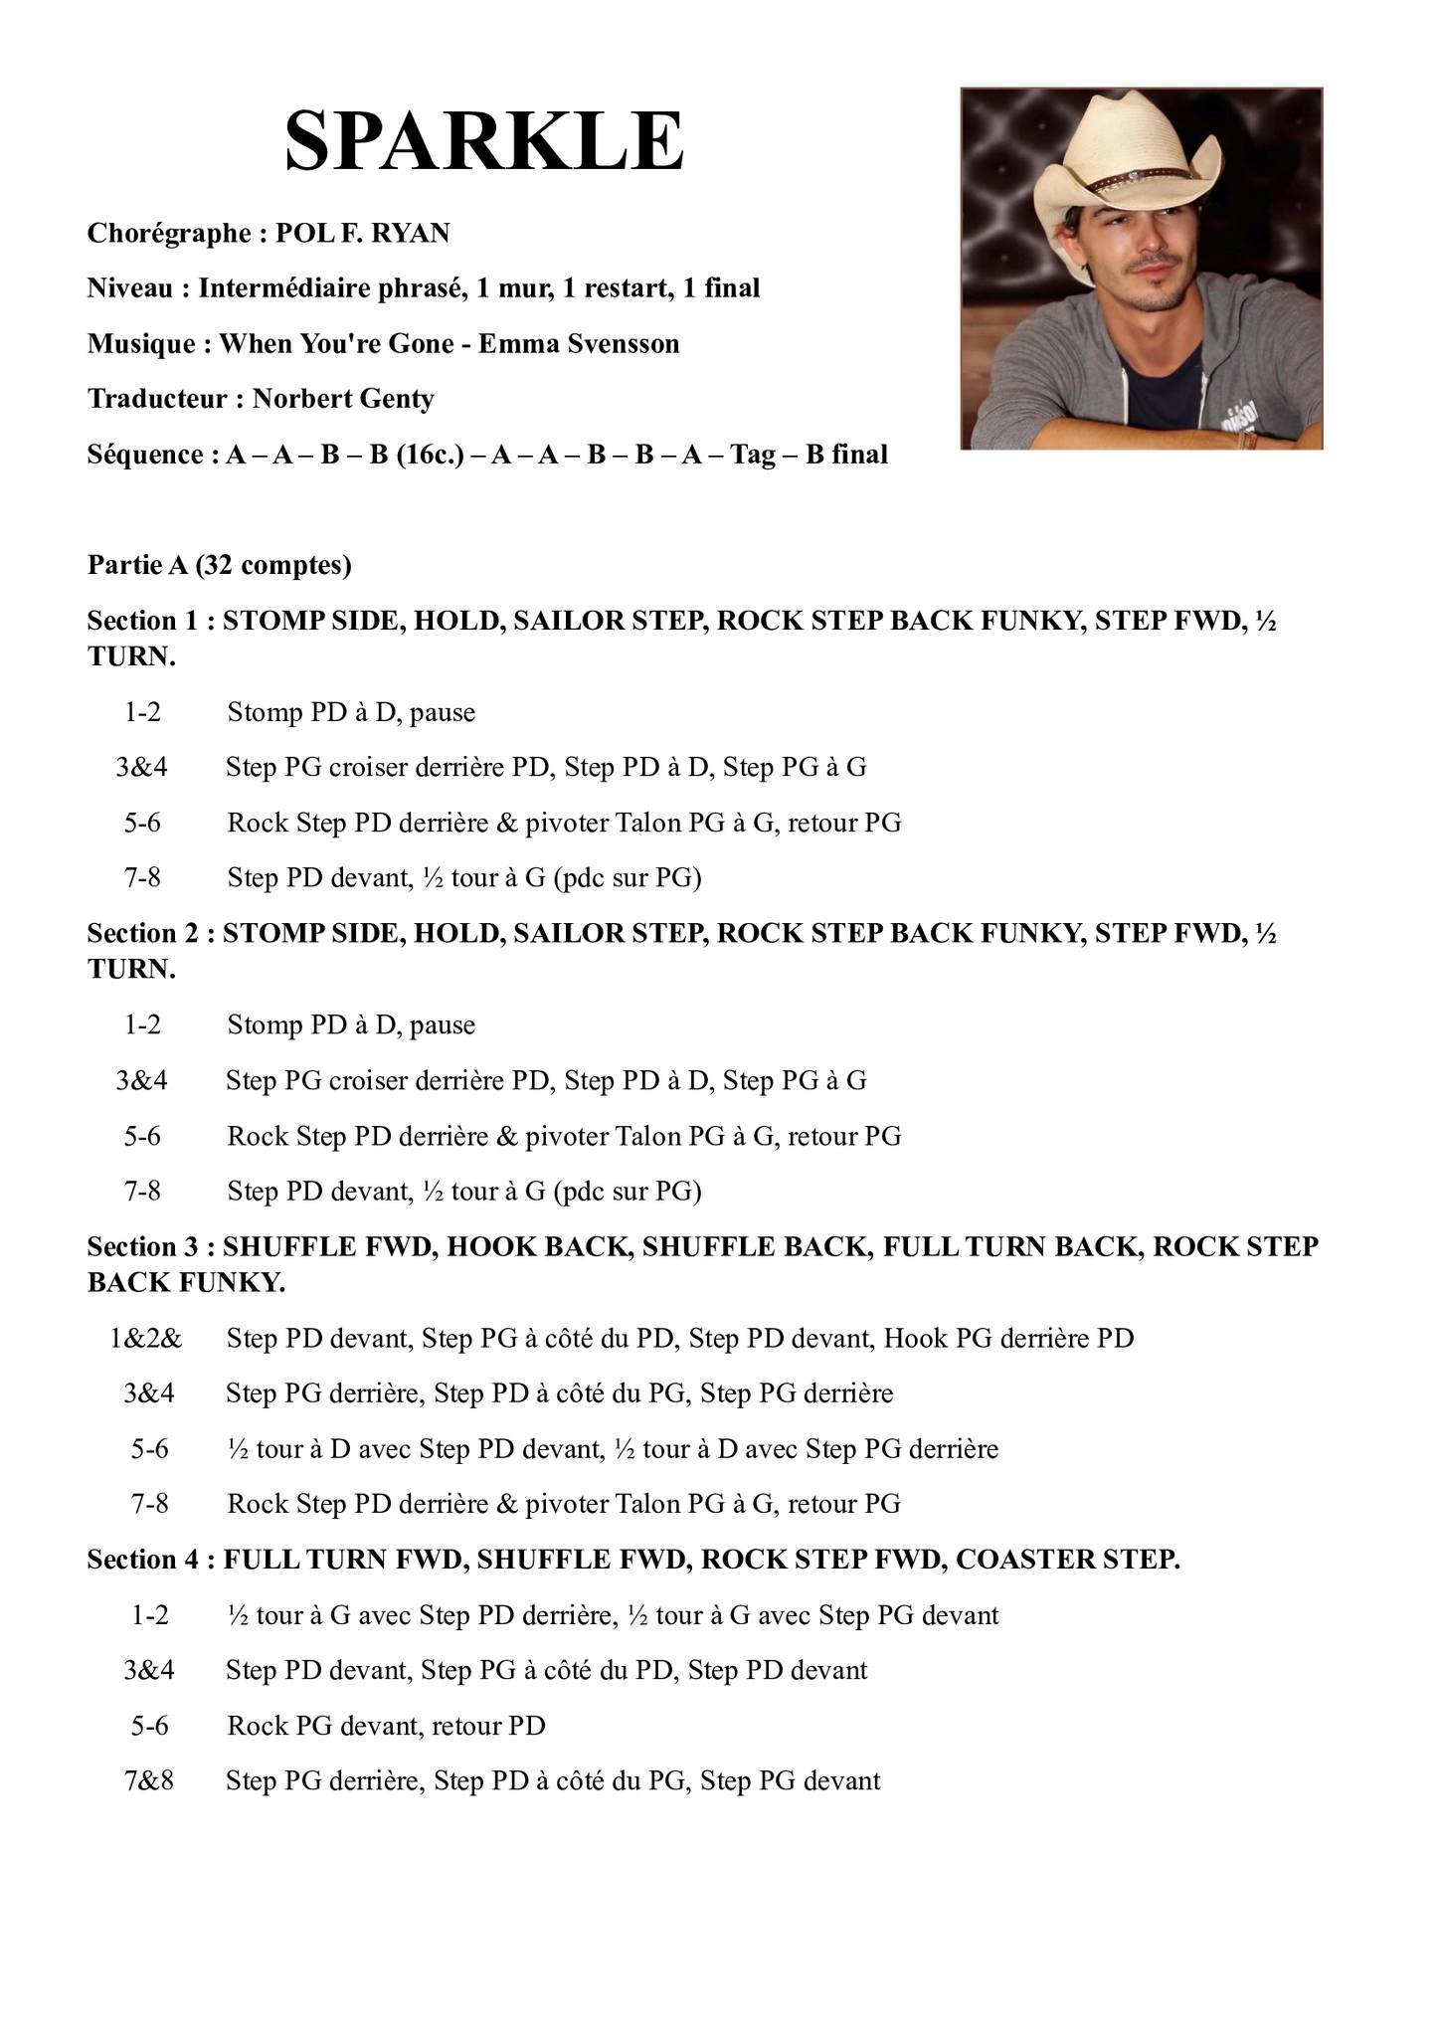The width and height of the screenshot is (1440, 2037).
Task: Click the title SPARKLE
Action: pyautogui.click(x=484, y=142)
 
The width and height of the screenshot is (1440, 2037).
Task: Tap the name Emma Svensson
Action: pyautogui.click(x=579, y=344)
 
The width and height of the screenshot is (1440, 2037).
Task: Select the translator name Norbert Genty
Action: pyautogui.click(x=343, y=400)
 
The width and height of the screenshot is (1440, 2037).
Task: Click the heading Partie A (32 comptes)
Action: pyautogui.click(x=219, y=566)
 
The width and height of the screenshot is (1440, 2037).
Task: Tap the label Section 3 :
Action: pyautogui.click(x=151, y=1247)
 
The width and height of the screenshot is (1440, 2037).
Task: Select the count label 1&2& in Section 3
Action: pyautogui.click(x=146, y=1339)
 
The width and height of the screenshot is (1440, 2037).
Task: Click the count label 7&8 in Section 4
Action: pyautogui.click(x=149, y=1780)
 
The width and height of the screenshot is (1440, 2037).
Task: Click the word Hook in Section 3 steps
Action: pyautogui.click(x=915, y=1339)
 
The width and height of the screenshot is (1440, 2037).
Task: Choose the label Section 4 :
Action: pyautogui.click(x=151, y=1560)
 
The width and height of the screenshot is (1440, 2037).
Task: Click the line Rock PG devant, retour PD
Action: pyautogui.click(x=386, y=1726)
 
